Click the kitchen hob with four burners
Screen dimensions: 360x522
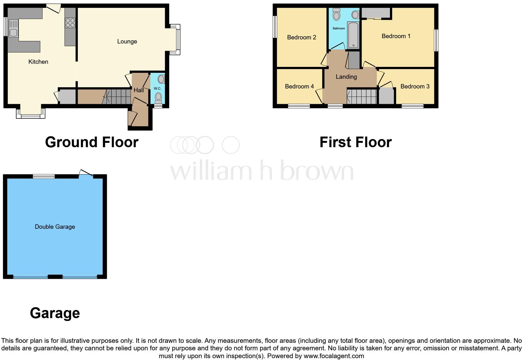coord(70,23)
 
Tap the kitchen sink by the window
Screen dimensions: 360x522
coord(13,28)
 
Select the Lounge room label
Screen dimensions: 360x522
coord(127,42)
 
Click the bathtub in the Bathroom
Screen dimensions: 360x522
coord(353,35)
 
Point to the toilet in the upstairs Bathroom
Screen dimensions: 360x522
coord(337,14)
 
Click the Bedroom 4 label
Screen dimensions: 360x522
coord(299,86)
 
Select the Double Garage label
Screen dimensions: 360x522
coord(55,227)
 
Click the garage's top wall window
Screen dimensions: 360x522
coord(44,177)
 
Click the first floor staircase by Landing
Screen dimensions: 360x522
coord(362,96)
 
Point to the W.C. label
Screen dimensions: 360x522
coord(157,88)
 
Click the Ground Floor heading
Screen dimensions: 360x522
coord(91,142)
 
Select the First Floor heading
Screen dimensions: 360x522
coord(355,142)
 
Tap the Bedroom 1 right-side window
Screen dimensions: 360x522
coord(436,40)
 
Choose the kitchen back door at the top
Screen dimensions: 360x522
coord(54,7)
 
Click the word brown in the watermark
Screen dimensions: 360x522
coord(317,171)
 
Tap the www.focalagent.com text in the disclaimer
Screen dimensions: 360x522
coord(333,356)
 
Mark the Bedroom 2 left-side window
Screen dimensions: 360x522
coord(275,27)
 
